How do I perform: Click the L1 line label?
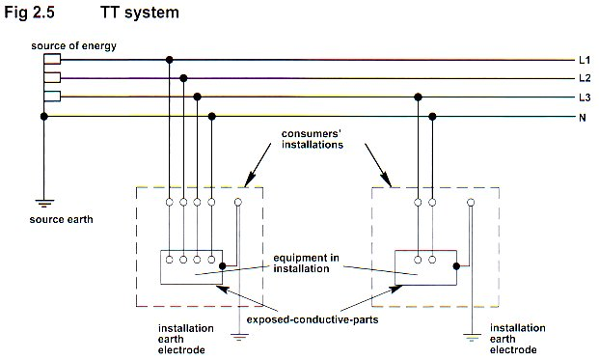click(585, 60)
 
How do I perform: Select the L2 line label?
click(585, 78)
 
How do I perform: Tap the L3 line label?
click(585, 97)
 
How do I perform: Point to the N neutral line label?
click(583, 118)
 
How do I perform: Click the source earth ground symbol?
click(44, 203)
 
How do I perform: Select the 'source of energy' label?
click(73, 46)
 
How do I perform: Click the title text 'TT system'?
click(140, 13)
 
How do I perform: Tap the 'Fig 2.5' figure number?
click(29, 13)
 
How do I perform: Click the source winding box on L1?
click(52, 59)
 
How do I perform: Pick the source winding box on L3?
click(52, 97)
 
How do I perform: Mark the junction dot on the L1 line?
click(169, 60)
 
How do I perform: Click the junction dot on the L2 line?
click(183, 78)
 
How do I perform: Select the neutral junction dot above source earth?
click(44, 116)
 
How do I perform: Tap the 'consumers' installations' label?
click(313, 139)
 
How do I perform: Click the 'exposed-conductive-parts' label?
click(313, 319)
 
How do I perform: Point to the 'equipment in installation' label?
click(306, 263)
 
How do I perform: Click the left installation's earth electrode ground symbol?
click(239, 337)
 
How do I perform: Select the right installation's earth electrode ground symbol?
click(472, 337)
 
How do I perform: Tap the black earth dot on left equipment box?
click(222, 266)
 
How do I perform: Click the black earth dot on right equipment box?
click(456, 266)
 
